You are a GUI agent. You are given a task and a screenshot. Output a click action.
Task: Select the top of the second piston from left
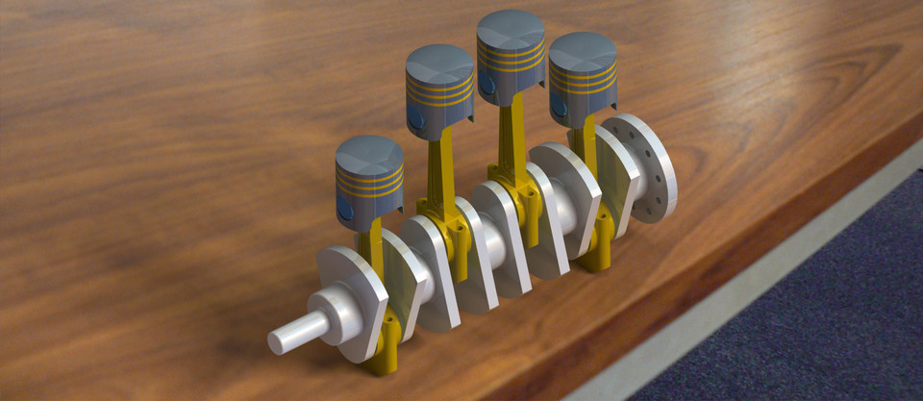tap(439, 64)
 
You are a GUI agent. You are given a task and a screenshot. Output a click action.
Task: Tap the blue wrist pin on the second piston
tap(416, 117)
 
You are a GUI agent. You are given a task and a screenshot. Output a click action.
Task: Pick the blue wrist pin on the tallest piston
tap(488, 84)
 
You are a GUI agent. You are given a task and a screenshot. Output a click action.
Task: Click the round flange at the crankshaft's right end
tap(642, 168)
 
